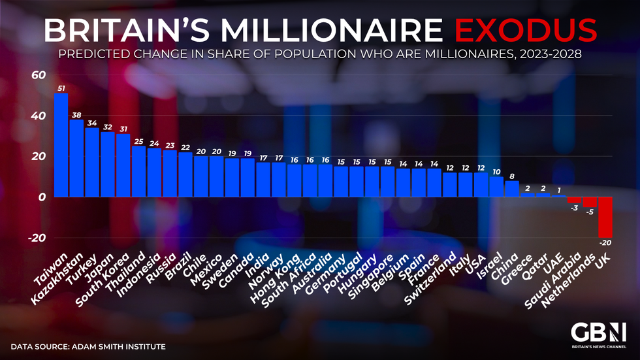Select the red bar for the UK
[x=605, y=217]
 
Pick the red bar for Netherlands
[x=589, y=202]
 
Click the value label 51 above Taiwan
[x=61, y=88]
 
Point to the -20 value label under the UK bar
[x=605, y=243]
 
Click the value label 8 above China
[x=512, y=176]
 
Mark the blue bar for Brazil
[x=185, y=174]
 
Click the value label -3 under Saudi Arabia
[x=574, y=208]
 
